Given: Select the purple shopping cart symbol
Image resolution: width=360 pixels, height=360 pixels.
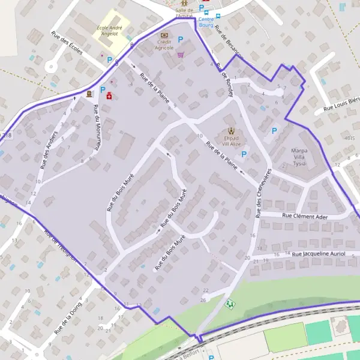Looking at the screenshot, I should (180, 54).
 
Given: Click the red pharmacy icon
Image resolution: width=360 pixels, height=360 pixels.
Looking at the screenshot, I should (109, 96).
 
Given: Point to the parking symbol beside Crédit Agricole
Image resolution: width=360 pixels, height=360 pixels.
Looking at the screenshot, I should (180, 40).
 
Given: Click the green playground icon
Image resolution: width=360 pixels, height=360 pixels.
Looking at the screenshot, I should (229, 304).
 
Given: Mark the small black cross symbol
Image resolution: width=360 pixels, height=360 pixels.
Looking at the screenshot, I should (75, 97).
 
